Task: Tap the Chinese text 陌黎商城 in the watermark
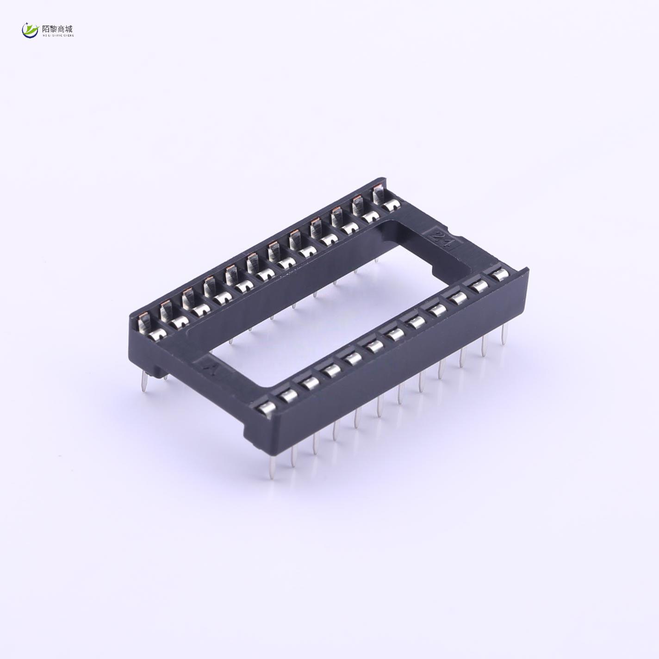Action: [57, 28]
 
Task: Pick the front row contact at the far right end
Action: [499, 275]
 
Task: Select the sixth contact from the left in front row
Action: [373, 346]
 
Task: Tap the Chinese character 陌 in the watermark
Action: [45, 28]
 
